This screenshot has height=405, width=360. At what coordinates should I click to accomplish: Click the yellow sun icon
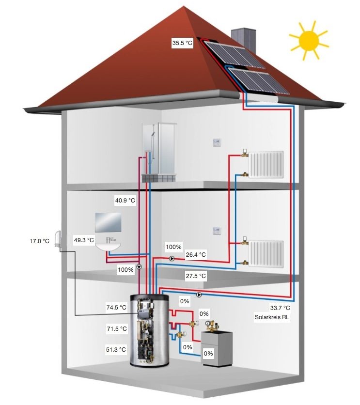coord(308,41)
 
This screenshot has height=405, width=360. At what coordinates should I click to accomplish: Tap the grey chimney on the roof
coord(242,38)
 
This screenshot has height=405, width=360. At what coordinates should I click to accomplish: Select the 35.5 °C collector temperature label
coord(182,43)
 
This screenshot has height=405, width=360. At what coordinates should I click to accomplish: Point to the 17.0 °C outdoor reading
coord(39,240)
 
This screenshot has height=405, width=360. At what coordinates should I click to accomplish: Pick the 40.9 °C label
coord(125,200)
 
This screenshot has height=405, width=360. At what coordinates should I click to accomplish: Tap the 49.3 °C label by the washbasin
coord(84,240)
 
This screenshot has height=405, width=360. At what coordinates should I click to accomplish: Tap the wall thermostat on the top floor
coord(217,142)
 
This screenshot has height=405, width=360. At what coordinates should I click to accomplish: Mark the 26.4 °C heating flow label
coord(196,254)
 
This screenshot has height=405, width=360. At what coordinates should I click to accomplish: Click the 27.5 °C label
coord(196,276)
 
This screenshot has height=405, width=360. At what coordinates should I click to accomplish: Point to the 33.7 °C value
coord(280,308)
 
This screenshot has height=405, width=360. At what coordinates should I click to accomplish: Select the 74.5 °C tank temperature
coord(116,308)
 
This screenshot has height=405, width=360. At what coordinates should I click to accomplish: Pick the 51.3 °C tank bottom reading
coord(116,349)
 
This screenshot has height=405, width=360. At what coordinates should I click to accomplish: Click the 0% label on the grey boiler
coord(208,354)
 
